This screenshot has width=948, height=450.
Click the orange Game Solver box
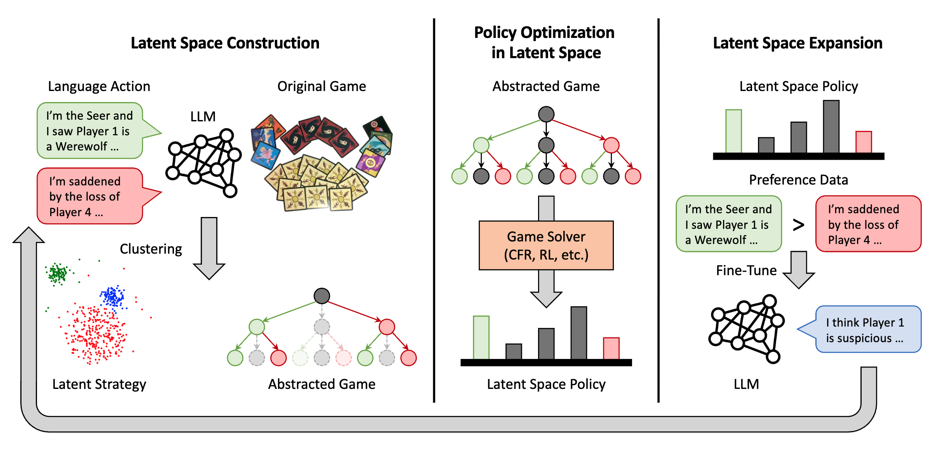(x=546, y=245)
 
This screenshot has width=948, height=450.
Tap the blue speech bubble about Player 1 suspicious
(x=868, y=329)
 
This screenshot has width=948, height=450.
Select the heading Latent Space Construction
(x=225, y=43)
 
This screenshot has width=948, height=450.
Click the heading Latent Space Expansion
(x=797, y=43)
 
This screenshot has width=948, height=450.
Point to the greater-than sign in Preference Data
(x=798, y=225)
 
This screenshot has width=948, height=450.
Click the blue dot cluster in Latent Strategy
(x=112, y=296)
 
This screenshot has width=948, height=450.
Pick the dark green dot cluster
(x=58, y=274)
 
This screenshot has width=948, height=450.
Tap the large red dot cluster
(x=95, y=333)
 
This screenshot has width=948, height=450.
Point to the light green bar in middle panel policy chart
(x=481, y=337)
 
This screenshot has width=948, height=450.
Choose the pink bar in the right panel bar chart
(x=863, y=142)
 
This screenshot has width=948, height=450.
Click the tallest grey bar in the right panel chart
(x=831, y=126)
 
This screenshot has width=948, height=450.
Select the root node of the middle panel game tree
(x=546, y=114)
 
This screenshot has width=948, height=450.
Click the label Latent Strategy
(x=99, y=384)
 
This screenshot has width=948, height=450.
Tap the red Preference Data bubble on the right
(x=868, y=224)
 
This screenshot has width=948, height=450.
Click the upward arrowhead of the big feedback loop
(x=29, y=236)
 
